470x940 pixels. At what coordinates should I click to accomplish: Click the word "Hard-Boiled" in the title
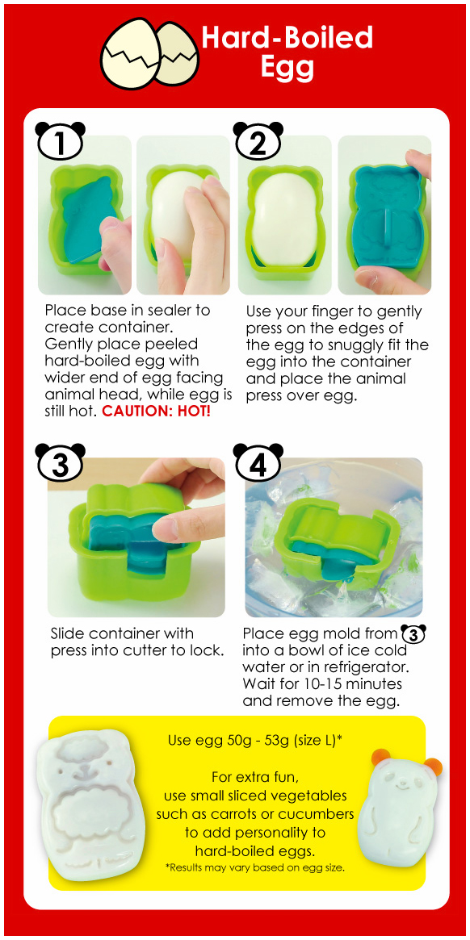point(287,38)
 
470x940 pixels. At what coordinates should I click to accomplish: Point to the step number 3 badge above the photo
point(61,463)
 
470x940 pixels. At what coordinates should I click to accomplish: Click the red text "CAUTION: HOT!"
point(156,412)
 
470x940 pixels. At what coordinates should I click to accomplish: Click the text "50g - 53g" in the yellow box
point(245,740)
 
